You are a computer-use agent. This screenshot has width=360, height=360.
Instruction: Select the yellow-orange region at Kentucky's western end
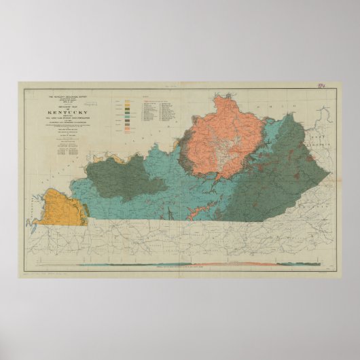pyautogui.click(x=58, y=207)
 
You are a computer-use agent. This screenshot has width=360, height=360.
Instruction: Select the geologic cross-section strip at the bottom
pyautogui.click(x=204, y=264)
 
